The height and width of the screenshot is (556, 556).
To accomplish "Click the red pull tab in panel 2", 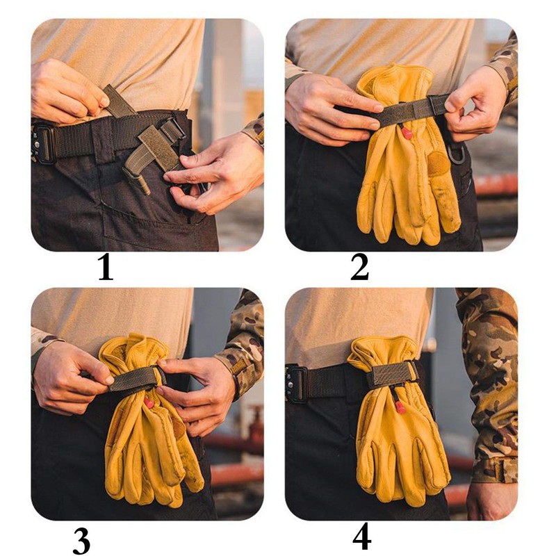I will coord(407,131).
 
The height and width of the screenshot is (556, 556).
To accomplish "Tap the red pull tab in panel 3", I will coord(148,402).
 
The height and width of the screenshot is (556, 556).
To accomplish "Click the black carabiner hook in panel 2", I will coord(457,155).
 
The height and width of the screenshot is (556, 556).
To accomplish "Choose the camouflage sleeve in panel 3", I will coord(243,341).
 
